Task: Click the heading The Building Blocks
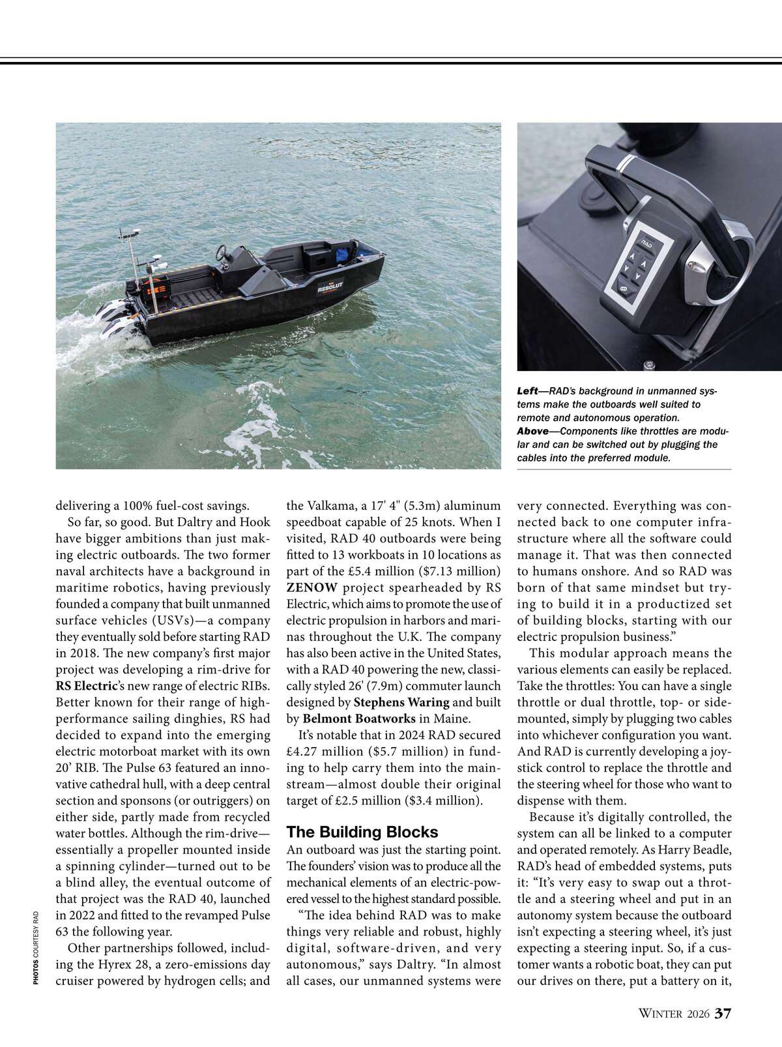point(362,832)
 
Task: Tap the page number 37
point(723,1014)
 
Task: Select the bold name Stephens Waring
point(401,702)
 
